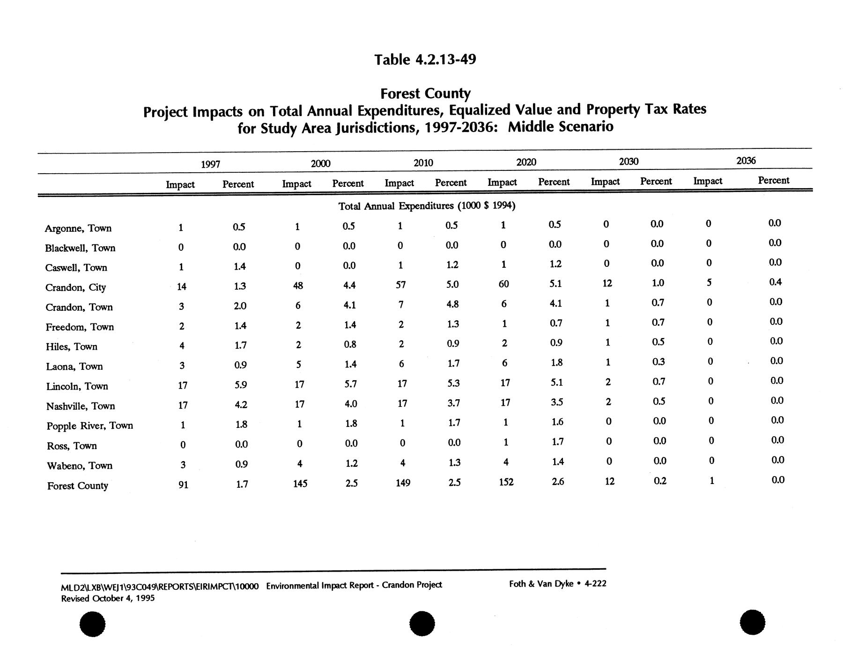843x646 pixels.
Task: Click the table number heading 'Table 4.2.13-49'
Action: coord(425,59)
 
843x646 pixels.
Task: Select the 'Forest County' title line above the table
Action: coord(425,93)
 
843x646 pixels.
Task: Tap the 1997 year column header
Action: coord(210,164)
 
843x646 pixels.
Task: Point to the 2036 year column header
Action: coord(746,161)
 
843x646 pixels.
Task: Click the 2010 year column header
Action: coord(423,163)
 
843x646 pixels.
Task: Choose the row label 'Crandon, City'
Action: coord(75,287)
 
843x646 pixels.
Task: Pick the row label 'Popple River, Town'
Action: coord(89,426)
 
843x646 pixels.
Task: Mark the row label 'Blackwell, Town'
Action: coord(80,248)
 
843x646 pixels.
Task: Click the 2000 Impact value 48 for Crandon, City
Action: coord(297,285)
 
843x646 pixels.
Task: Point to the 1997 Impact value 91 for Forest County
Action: coord(183,485)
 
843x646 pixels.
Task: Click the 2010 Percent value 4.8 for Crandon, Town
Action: coord(452,304)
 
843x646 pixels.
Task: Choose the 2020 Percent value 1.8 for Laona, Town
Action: coord(556,362)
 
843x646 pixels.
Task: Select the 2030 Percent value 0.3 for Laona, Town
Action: coord(658,362)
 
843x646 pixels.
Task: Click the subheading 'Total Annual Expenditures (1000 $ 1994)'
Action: coord(427,206)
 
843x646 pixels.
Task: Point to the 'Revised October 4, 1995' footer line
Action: coord(108,598)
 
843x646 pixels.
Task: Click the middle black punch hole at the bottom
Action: coord(422,624)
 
